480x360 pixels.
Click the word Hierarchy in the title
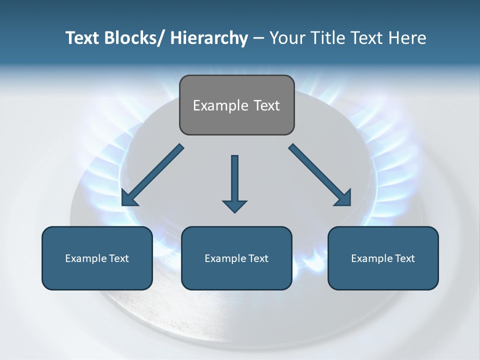click(x=208, y=38)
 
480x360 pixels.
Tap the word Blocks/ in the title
click(x=131, y=38)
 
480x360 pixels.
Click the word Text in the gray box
click(x=266, y=105)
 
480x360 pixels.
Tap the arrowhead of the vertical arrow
click(x=234, y=205)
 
